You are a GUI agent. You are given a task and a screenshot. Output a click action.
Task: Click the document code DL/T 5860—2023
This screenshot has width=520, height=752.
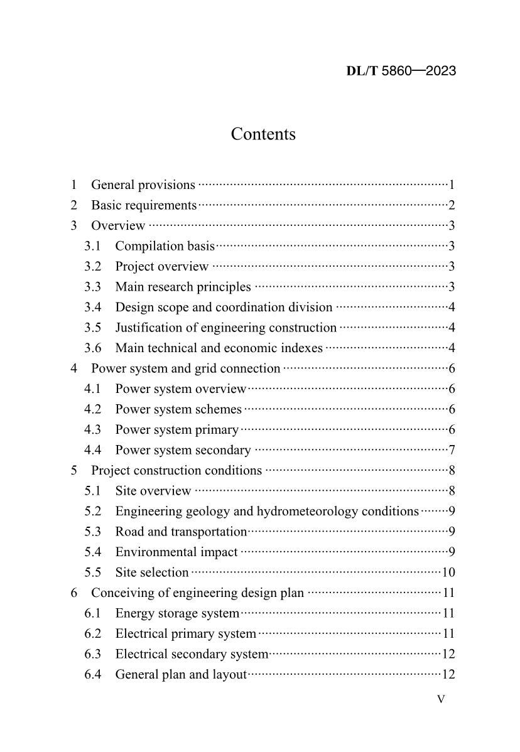click(401, 71)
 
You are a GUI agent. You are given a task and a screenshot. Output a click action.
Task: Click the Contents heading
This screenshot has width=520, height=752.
click(263, 134)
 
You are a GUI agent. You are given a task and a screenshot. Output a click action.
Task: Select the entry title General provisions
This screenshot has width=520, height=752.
click(143, 185)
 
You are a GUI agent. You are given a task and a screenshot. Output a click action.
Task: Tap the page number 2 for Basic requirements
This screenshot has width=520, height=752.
click(452, 205)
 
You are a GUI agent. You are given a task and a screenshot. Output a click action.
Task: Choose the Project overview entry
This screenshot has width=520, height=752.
click(161, 267)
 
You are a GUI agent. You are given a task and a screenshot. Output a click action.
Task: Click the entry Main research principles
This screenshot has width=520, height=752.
click(183, 287)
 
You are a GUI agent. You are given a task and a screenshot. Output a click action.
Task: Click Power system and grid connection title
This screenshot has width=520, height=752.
click(185, 368)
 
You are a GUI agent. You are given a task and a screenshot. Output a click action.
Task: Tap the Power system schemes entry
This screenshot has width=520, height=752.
click(178, 409)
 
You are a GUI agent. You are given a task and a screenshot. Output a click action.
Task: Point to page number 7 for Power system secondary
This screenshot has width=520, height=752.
click(452, 450)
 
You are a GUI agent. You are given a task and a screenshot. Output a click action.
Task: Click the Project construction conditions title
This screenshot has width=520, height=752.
click(176, 471)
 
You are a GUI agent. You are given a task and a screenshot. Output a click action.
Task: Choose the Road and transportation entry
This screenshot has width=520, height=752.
click(181, 532)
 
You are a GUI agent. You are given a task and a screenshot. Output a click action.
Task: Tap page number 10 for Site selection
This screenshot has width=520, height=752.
click(448, 572)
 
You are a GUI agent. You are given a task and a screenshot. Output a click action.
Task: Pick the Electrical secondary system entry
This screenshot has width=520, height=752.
click(192, 654)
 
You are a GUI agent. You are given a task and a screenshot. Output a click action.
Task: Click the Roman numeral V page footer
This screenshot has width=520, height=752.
click(441, 699)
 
